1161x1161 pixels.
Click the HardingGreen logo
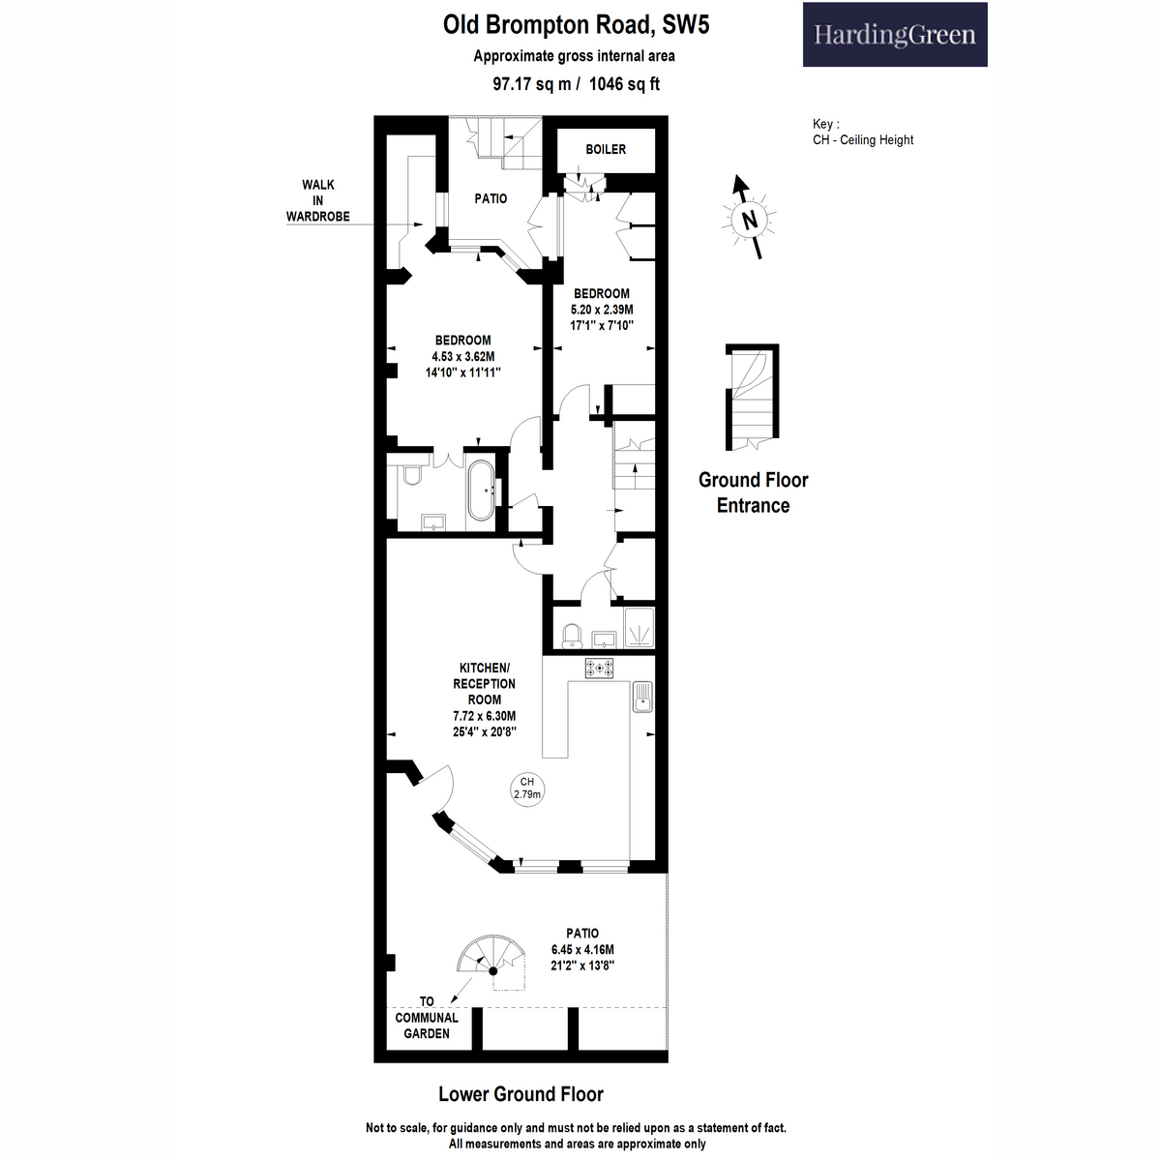(x=895, y=34)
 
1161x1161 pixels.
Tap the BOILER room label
(x=606, y=149)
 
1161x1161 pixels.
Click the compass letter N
(x=750, y=221)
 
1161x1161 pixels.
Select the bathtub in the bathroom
(x=481, y=491)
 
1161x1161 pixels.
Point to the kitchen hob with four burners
(x=599, y=669)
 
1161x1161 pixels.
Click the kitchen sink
(x=642, y=697)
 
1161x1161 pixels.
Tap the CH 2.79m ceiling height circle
(x=527, y=789)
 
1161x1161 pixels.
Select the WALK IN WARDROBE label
(x=318, y=200)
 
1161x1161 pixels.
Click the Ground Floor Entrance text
(x=753, y=492)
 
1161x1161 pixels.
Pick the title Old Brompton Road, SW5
(x=576, y=25)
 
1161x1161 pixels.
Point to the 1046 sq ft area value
(x=624, y=84)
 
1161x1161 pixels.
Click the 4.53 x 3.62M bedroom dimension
(x=462, y=357)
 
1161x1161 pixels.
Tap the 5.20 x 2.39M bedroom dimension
(x=602, y=310)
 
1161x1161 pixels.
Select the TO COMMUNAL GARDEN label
(x=427, y=1018)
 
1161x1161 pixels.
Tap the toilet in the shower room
(x=572, y=635)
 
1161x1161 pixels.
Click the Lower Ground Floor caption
(x=521, y=1094)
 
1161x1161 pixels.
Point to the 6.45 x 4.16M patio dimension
(x=582, y=949)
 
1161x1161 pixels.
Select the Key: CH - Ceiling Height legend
(x=863, y=132)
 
